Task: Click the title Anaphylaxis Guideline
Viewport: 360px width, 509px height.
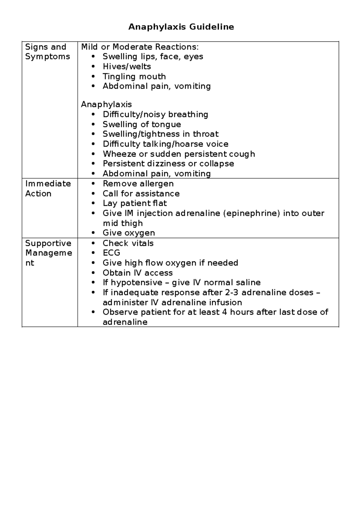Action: (181, 27)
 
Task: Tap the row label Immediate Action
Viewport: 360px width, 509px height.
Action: (48, 188)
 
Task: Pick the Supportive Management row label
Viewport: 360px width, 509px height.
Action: (48, 253)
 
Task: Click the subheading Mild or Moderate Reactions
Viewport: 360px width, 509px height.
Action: (140, 47)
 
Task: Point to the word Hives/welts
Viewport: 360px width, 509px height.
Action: (127, 66)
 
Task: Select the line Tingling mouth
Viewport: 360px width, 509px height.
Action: (134, 76)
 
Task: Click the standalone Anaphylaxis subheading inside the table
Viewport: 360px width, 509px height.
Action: (106, 104)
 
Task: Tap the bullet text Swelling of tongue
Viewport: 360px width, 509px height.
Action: (142, 124)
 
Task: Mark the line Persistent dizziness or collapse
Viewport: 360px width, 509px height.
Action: (168, 164)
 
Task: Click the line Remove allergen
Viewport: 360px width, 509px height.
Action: (138, 183)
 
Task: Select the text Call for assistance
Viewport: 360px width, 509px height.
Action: (141, 193)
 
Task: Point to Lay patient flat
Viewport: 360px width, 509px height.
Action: (134, 203)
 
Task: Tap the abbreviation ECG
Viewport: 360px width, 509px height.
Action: (111, 253)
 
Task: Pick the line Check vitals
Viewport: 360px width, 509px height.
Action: (128, 243)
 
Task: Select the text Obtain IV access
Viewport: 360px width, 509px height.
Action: (137, 273)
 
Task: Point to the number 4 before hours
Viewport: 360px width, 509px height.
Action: (224, 312)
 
